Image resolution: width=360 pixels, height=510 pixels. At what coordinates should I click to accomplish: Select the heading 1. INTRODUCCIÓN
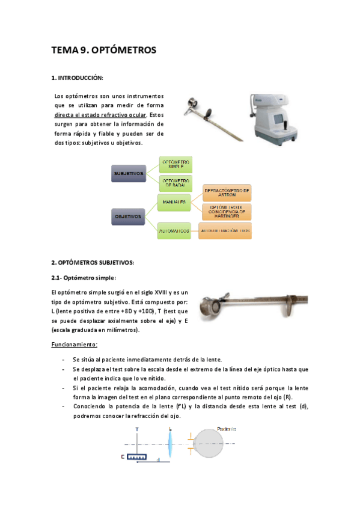coord(78,78)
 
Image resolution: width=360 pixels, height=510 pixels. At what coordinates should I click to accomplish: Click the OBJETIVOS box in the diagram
coord(128,215)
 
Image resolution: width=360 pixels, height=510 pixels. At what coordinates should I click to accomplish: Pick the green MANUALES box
coord(174,202)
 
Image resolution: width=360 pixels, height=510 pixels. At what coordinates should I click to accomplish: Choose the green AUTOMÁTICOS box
coord(174,230)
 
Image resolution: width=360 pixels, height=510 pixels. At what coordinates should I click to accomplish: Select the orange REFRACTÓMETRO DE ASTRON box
coord(227,192)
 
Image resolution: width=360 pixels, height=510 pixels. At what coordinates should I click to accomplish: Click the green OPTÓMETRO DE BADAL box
coord(176,183)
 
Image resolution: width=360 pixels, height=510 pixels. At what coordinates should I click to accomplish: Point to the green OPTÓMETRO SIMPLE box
coord(176,164)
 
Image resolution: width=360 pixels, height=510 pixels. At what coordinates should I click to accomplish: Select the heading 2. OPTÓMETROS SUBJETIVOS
coord(93,262)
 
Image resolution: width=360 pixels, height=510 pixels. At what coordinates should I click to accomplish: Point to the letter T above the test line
coord(137,429)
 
